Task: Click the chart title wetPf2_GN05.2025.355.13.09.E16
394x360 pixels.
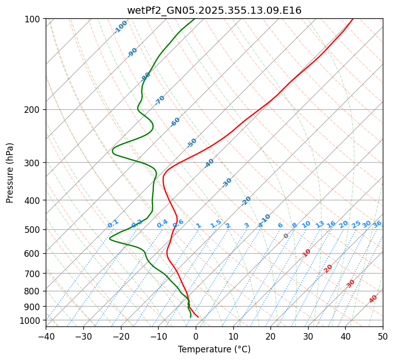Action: coord(214,10)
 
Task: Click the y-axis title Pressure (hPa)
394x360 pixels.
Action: coord(10,172)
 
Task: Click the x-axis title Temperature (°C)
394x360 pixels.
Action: coord(214,349)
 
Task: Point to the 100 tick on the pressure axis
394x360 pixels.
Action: coord(34,19)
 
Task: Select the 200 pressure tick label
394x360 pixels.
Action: coord(34,109)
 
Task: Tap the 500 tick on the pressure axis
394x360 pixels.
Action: coord(34,229)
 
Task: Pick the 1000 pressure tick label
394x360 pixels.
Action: coord(32,320)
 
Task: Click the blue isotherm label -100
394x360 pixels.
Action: coord(120,27)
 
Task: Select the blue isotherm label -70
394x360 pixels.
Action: coord(160,100)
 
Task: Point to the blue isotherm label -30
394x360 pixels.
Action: coord(227,183)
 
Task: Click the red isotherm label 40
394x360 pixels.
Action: coord(373,299)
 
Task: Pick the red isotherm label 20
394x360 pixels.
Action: coord(328,268)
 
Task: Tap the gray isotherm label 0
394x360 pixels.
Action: coord(286,236)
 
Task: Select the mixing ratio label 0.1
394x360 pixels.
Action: coord(113,224)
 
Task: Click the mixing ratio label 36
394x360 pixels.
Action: coord(377,224)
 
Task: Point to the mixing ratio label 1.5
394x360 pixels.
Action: coord(216,223)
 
